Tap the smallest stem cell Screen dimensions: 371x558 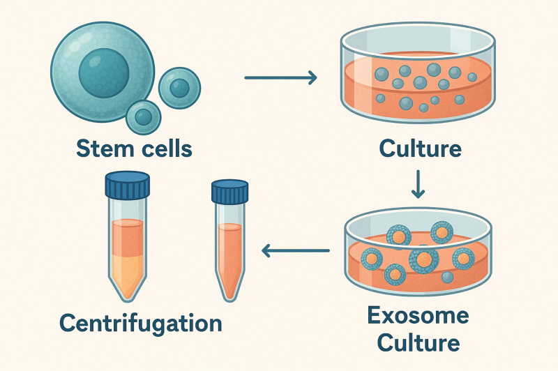point(144,116)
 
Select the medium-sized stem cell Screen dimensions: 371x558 point(179,87)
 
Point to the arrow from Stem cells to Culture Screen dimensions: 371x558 point(280,77)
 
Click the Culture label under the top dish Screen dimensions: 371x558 point(420,149)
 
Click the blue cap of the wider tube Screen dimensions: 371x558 point(127,185)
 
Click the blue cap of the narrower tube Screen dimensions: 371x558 point(229,191)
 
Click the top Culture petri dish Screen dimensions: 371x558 point(418,77)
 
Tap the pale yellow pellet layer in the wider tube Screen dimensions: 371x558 point(126,268)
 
